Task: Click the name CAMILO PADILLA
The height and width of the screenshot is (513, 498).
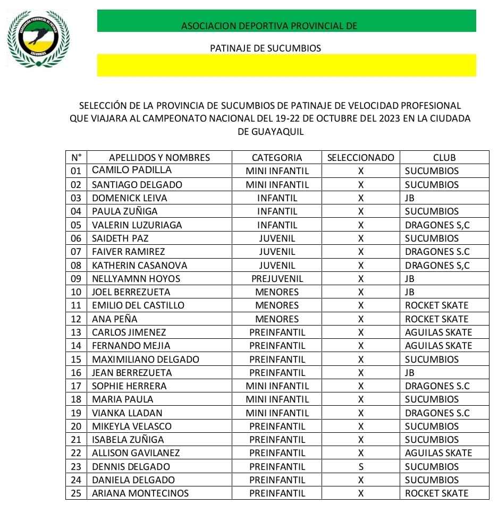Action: (132, 170)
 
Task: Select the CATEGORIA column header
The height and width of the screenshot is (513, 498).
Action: (276, 157)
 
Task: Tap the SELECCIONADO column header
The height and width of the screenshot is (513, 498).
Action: (361, 157)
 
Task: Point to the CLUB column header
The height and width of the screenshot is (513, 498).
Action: (444, 157)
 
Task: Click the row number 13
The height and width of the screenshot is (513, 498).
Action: (76, 332)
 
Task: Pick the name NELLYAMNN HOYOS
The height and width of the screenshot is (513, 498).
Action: (136, 278)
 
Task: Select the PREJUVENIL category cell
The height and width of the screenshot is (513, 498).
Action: (277, 278)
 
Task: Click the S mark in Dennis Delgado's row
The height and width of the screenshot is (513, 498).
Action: (361, 467)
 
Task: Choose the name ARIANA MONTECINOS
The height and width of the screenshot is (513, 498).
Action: (140, 493)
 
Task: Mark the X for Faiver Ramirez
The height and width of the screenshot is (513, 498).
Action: (361, 252)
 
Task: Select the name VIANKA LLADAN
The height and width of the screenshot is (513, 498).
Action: (127, 413)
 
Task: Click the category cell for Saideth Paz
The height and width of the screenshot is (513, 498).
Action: (277, 238)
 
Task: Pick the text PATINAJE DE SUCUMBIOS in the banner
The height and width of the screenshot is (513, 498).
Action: (266, 48)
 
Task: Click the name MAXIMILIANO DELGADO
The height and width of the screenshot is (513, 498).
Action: (146, 359)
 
